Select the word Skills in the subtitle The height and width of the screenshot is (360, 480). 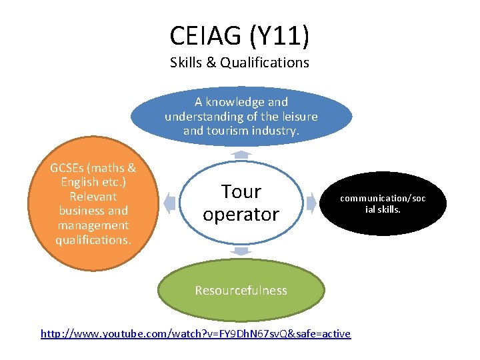pyautogui.click(x=188, y=63)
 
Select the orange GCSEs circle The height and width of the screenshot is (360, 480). pyautogui.click(x=93, y=203)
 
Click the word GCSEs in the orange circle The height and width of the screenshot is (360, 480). pyautogui.click(x=72, y=168)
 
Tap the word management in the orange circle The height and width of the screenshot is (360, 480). pyautogui.click(x=93, y=225)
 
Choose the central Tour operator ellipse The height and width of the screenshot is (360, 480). pyautogui.click(x=241, y=203)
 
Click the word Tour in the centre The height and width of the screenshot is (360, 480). pyautogui.click(x=241, y=192)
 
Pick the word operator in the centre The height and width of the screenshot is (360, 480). pyautogui.click(x=241, y=215)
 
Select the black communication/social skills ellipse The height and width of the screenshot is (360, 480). pyautogui.click(x=382, y=204)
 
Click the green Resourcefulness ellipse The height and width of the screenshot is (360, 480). pyautogui.click(x=241, y=290)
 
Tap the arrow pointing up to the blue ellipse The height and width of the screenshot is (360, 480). pyautogui.click(x=241, y=154)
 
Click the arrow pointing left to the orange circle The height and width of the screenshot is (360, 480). pyautogui.click(x=169, y=203)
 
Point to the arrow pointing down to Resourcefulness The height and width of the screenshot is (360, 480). pyautogui.click(x=241, y=251)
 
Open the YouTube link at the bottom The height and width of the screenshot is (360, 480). pyautogui.click(x=195, y=333)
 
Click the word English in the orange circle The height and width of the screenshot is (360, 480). pyautogui.click(x=77, y=182)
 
